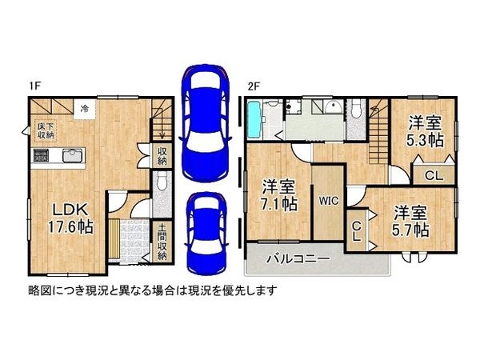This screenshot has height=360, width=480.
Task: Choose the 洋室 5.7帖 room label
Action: (410, 221)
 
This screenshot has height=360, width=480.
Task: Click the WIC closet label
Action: (329, 202)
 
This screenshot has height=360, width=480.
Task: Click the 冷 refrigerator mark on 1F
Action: (83, 108)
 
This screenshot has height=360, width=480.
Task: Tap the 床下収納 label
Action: (45, 131)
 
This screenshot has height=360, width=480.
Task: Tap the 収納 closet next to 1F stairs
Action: (162, 155)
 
